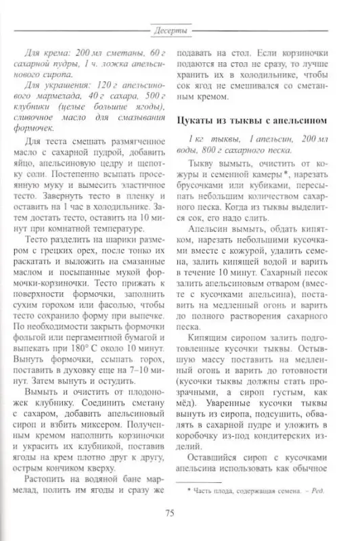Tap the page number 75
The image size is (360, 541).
point(171,511)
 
